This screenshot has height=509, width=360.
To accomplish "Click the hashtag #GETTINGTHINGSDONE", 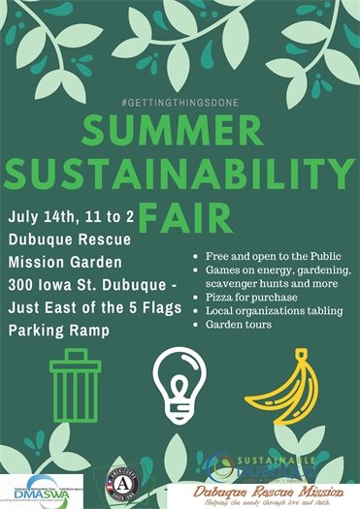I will [180, 103].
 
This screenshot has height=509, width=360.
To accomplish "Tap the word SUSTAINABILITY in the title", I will [180, 176].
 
